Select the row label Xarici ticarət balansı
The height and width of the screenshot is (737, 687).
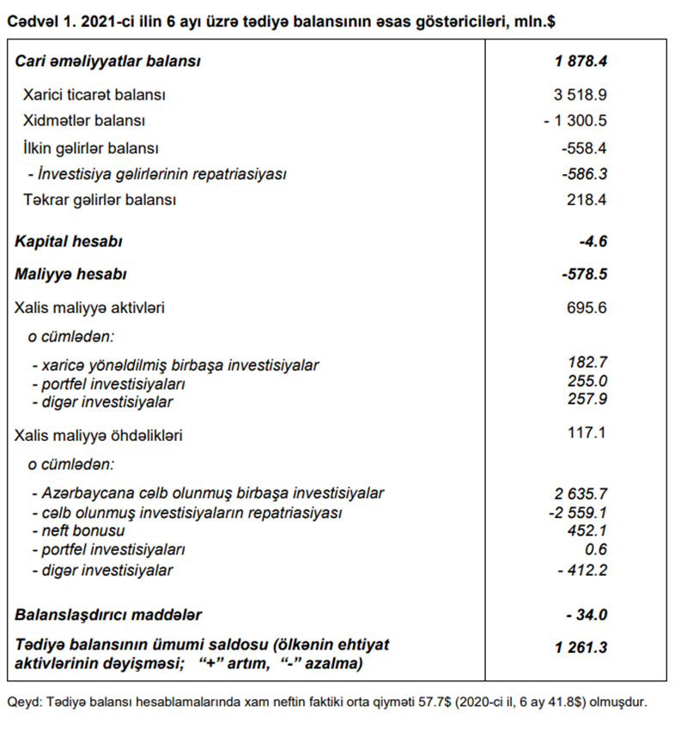[x=94, y=95]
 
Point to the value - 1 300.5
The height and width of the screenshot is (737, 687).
[x=575, y=121]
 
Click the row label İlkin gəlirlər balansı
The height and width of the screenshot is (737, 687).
[x=91, y=148]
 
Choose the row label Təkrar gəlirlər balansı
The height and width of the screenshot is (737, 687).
[x=100, y=200]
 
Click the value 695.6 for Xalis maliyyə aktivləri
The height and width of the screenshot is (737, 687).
[x=587, y=306]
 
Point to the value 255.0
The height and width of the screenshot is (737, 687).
[x=587, y=383]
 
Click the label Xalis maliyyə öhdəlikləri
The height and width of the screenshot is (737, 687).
[x=99, y=435]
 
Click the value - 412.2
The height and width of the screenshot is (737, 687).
[x=581, y=570]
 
